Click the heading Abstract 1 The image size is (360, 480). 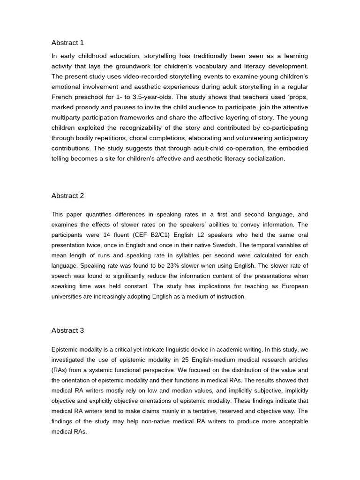click(67, 43)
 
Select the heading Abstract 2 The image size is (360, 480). click(67, 196)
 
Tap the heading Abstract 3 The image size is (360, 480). click(67, 330)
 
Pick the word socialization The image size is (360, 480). click(266, 159)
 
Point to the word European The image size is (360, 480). click(293, 286)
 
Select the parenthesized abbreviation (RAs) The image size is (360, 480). click(60, 370)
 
